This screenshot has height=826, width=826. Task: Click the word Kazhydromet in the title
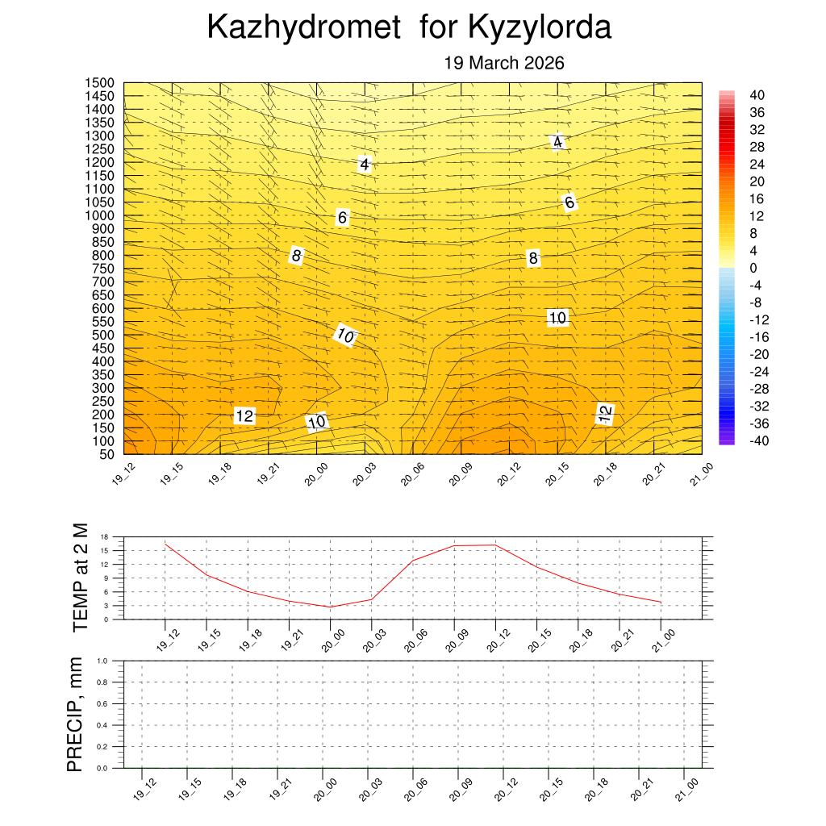pos(304,27)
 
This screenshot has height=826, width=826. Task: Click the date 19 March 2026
pos(504,63)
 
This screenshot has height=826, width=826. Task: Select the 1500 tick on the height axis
pos(101,83)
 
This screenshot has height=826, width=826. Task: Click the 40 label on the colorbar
pos(758,94)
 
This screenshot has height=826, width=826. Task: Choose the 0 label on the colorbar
pos(753,268)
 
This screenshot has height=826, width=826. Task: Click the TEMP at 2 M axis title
pos(80,578)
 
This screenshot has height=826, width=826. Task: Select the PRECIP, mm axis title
pos(75,714)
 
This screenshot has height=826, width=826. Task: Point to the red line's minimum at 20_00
pos(330,607)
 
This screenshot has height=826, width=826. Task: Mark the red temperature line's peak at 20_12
pos(495,545)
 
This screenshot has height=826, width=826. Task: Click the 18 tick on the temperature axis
pos(105,536)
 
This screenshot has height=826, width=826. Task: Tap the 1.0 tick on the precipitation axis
pos(102,661)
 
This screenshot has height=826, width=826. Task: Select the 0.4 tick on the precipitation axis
pos(102,725)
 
